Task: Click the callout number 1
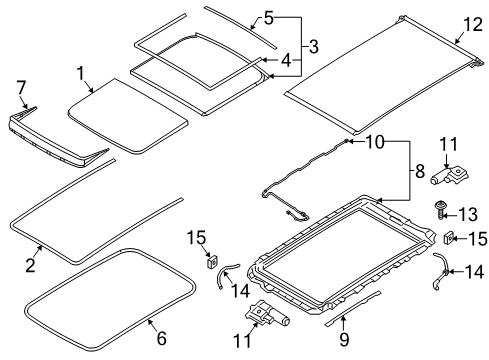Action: point(81,73)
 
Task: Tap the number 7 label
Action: point(21,87)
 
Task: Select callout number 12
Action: point(473,25)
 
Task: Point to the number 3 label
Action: point(313,46)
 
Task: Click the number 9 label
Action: point(344,339)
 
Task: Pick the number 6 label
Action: point(161,338)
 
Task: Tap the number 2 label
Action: point(30,265)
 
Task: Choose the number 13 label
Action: point(468,214)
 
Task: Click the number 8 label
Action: point(420,171)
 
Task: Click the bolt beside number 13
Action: point(441,210)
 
